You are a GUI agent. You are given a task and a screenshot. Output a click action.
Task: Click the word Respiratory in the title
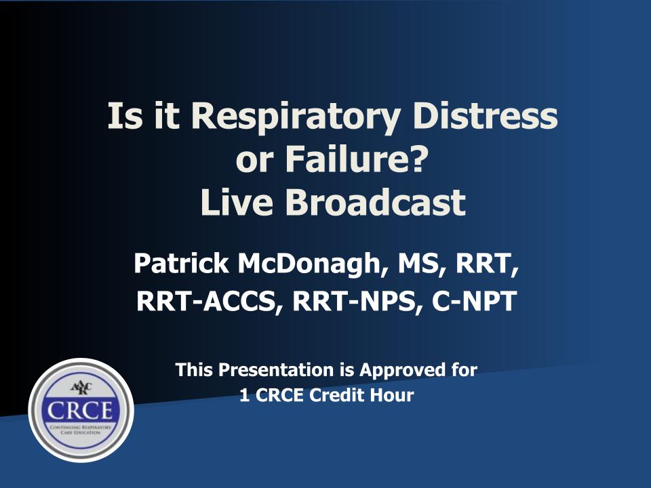tap(296, 117)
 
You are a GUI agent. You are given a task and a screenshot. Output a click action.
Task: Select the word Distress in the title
tap(485, 115)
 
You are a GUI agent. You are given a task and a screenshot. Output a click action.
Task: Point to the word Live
tap(237, 202)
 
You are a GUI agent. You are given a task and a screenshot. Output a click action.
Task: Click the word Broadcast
tap(375, 202)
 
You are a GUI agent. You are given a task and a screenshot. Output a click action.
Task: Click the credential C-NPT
tap(474, 301)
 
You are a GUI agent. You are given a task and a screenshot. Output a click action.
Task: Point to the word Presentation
tap(276, 370)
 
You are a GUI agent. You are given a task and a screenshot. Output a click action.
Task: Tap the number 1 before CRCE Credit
tap(245, 395)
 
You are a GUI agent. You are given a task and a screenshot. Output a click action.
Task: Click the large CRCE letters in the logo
tap(80, 411)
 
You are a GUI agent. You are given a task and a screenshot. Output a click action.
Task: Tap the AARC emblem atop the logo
tap(81, 388)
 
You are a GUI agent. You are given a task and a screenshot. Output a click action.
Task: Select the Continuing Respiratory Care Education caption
tap(81, 430)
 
